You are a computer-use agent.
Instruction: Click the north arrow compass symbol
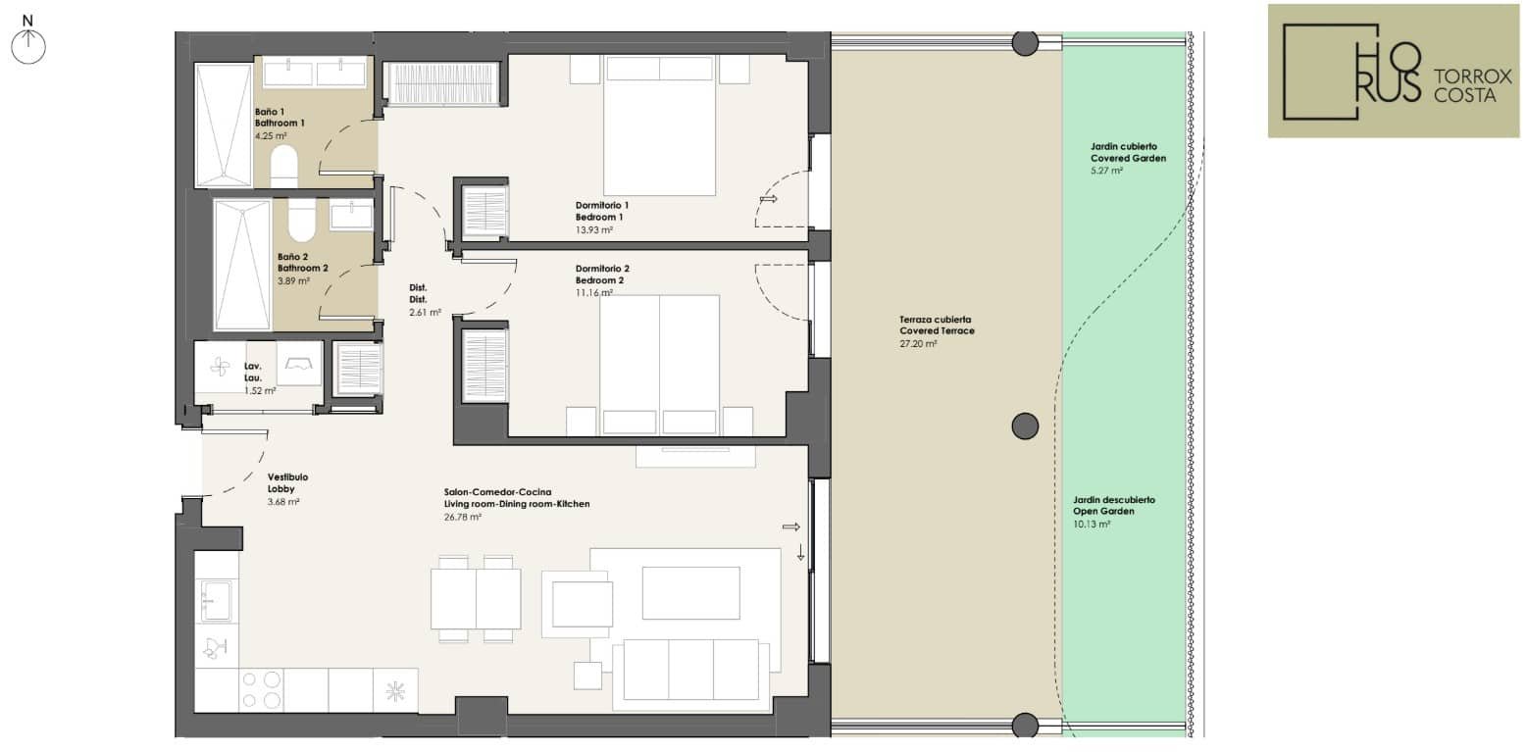click(x=27, y=40)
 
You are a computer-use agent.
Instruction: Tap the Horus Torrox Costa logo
click(x=1394, y=71)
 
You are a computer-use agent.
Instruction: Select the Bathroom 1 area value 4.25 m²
click(x=271, y=135)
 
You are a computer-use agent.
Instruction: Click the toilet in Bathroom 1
click(x=284, y=166)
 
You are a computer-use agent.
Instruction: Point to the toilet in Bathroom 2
click(x=301, y=220)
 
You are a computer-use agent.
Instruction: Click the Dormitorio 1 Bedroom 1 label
click(x=602, y=211)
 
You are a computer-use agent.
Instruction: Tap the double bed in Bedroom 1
click(x=659, y=125)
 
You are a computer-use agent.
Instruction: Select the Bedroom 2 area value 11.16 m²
click(x=593, y=292)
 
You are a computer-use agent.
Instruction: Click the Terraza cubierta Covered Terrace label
click(x=937, y=325)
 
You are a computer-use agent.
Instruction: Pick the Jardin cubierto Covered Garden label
click(x=1128, y=152)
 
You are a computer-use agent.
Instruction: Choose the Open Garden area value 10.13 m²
click(x=1092, y=525)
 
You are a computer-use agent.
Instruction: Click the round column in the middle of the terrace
click(x=1025, y=426)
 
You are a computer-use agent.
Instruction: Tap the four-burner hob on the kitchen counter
click(x=262, y=690)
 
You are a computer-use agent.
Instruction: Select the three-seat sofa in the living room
click(x=691, y=670)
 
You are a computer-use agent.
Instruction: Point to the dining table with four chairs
click(x=476, y=599)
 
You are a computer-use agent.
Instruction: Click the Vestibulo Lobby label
click(x=287, y=482)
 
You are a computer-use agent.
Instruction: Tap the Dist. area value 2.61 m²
click(x=425, y=312)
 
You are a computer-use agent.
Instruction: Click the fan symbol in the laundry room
click(x=220, y=368)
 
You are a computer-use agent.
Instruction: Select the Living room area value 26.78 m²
click(x=462, y=517)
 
